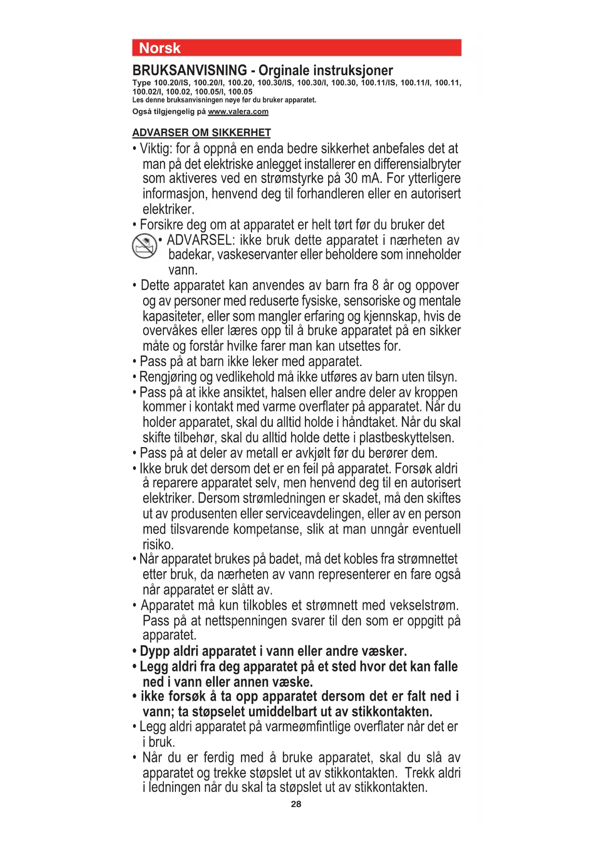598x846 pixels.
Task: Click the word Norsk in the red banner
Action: pos(159,48)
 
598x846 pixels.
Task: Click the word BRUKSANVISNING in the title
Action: pos(189,70)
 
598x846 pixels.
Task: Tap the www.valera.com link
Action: pos(238,111)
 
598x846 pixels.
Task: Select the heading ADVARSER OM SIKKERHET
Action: pos(201,133)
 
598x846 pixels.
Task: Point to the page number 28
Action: pos(296,804)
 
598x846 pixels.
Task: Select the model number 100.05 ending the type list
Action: pos(240,92)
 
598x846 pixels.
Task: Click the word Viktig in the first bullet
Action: pos(155,149)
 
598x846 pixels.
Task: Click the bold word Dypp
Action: pos(155,652)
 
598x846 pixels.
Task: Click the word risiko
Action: pos(158,545)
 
